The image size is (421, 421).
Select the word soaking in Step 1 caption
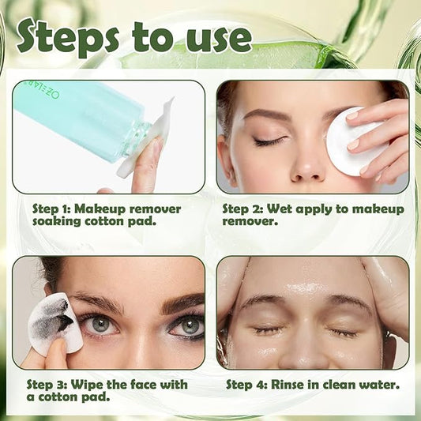62,222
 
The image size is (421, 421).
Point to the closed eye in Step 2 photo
269,141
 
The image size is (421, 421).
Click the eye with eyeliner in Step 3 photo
187,325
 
